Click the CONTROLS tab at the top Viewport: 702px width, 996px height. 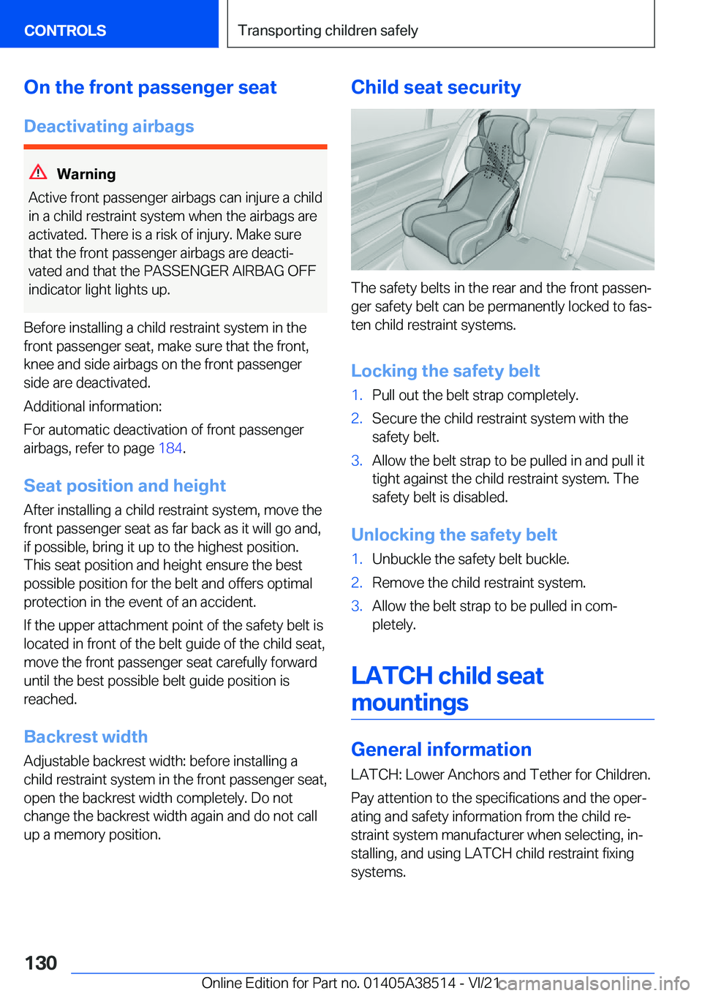65,31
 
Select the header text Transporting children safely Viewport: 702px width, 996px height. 328,31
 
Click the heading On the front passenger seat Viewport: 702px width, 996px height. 150,88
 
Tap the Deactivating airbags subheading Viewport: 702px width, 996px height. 109,127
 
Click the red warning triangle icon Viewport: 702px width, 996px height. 38,173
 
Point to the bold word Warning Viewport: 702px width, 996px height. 86,174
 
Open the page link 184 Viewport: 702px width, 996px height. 170,448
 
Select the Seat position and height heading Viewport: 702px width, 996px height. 125,486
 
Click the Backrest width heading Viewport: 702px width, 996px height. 86,737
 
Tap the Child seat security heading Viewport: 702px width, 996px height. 436,88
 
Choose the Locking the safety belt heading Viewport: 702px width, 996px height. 445,371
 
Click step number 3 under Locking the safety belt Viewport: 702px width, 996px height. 357,461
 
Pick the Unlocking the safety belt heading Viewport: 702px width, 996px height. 454,535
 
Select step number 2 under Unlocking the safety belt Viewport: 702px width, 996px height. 357,583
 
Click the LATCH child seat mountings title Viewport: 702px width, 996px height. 447,689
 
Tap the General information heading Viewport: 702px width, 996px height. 441,750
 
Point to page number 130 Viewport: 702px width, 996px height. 41,963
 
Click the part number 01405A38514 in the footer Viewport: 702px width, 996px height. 409,984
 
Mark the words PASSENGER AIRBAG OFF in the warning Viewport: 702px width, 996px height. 230,271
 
